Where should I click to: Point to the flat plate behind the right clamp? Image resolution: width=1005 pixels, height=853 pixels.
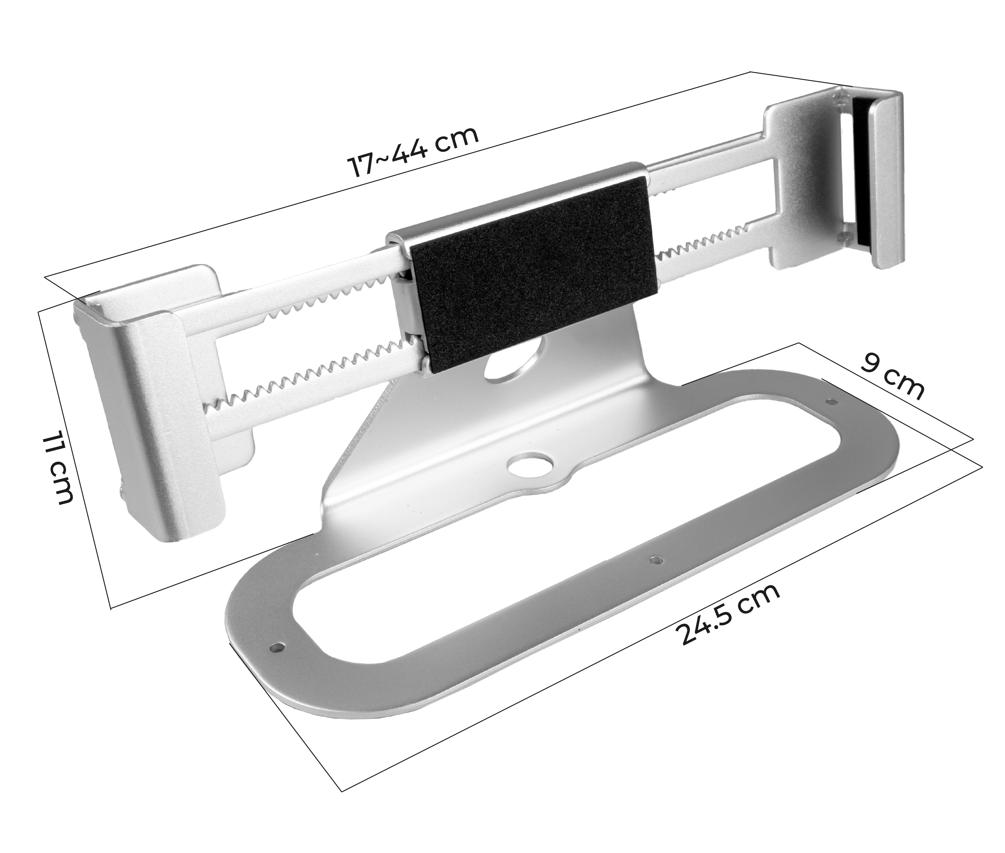click(802, 184)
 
